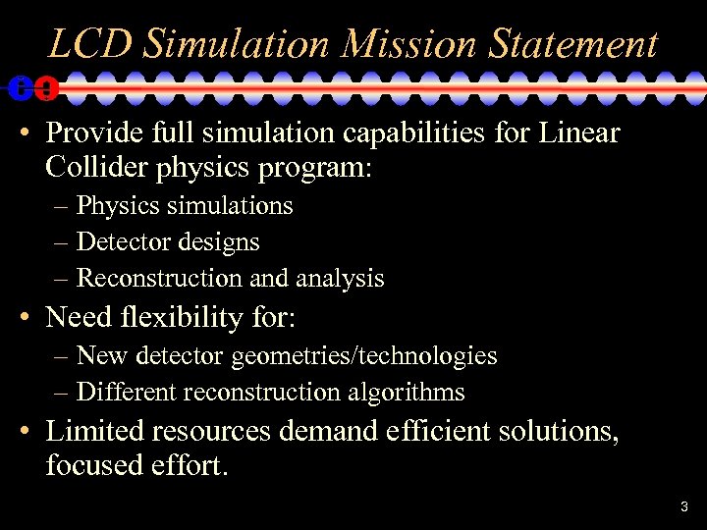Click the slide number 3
tap(684, 506)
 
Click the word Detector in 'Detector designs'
tap(119, 242)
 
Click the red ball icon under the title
tap(45, 88)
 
